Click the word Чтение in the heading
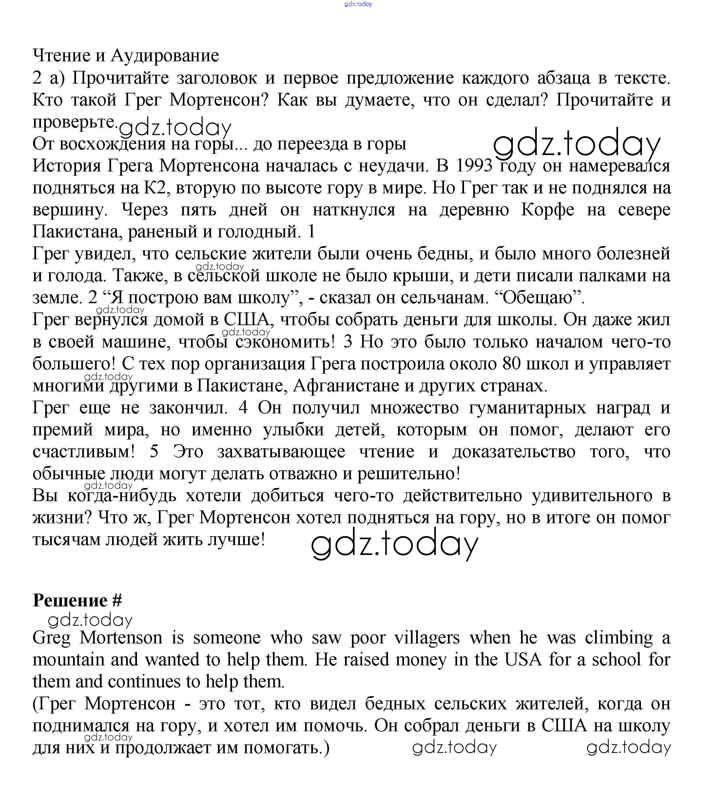click(61, 56)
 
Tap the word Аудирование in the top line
click(164, 56)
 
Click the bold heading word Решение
click(70, 600)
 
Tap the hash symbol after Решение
click(117, 600)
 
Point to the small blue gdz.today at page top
click(358, 4)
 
